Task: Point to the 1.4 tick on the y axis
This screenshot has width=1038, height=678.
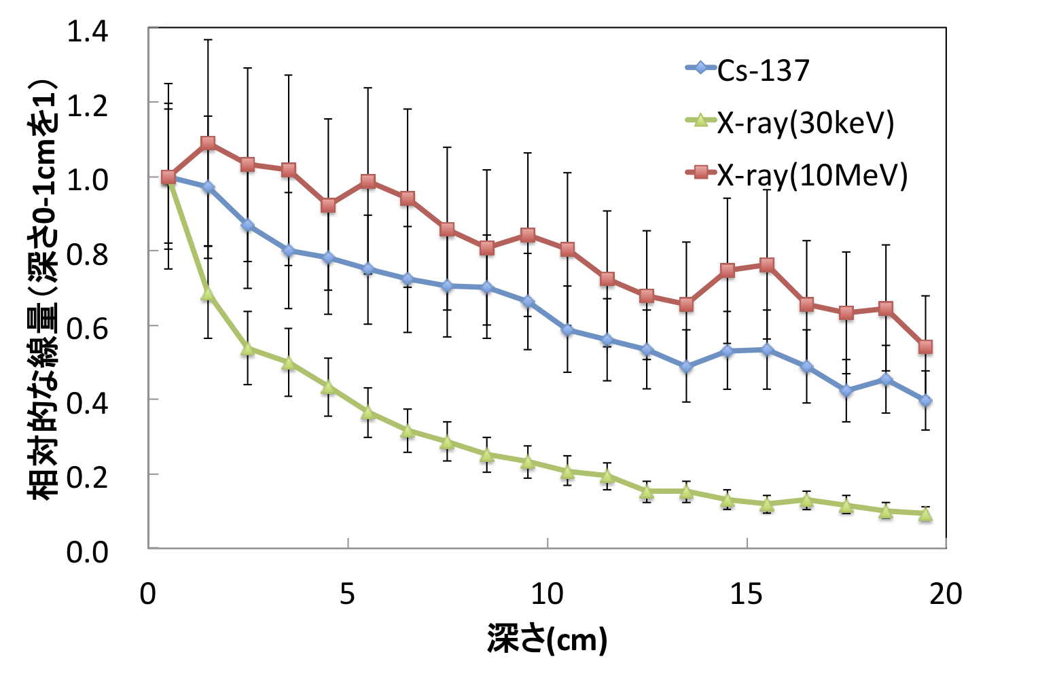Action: (88, 31)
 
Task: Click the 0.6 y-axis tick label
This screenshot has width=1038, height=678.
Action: (88, 328)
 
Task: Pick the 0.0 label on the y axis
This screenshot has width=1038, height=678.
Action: (88, 552)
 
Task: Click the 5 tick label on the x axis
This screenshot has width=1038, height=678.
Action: (347, 594)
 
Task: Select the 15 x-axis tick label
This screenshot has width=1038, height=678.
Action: (746, 594)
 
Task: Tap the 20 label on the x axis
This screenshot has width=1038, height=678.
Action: (946, 594)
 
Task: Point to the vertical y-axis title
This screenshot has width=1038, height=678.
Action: (42, 289)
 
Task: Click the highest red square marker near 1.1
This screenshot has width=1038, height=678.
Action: (209, 143)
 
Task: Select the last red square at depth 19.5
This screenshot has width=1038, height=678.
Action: (925, 347)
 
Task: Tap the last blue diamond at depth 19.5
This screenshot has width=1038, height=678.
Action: (925, 401)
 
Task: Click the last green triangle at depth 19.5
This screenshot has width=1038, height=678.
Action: (925, 515)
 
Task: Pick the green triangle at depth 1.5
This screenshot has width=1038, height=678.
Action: (209, 294)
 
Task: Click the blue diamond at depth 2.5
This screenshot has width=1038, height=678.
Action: (248, 225)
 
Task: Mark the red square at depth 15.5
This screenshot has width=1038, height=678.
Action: (766, 264)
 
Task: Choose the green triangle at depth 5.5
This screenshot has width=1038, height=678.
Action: (368, 412)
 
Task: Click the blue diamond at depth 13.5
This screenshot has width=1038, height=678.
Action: (686, 367)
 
